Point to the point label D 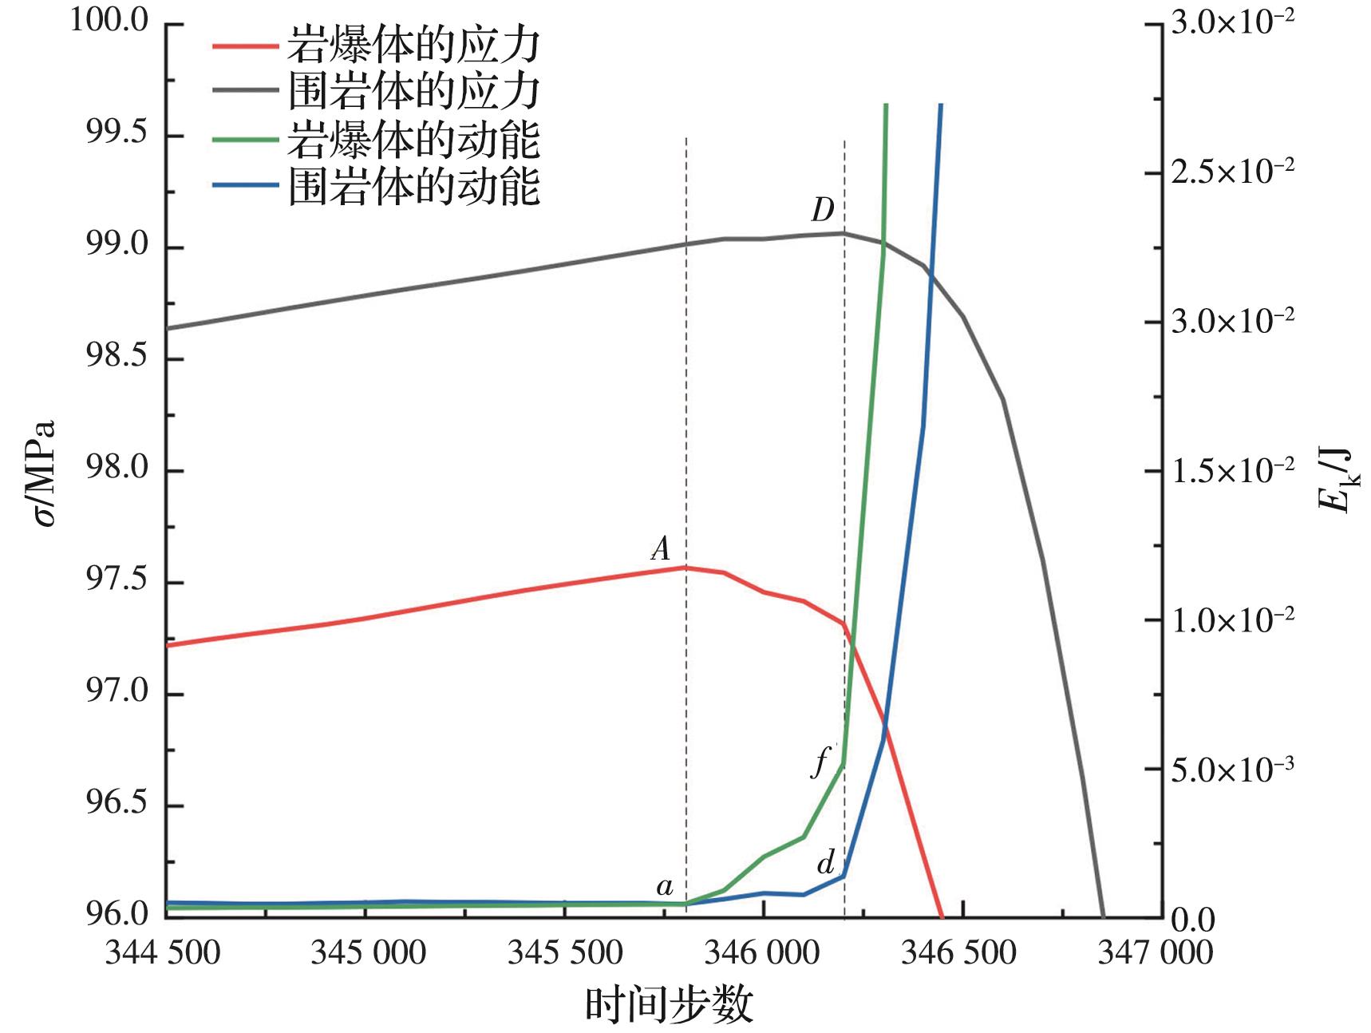[x=823, y=212]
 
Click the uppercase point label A [x=660, y=548]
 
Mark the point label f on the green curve [x=820, y=763]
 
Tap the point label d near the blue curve [x=826, y=863]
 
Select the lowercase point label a [x=664, y=886]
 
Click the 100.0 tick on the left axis [x=109, y=22]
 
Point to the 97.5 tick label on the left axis [x=117, y=582]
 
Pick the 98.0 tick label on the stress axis [x=117, y=469]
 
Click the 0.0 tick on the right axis [x=1192, y=920]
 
